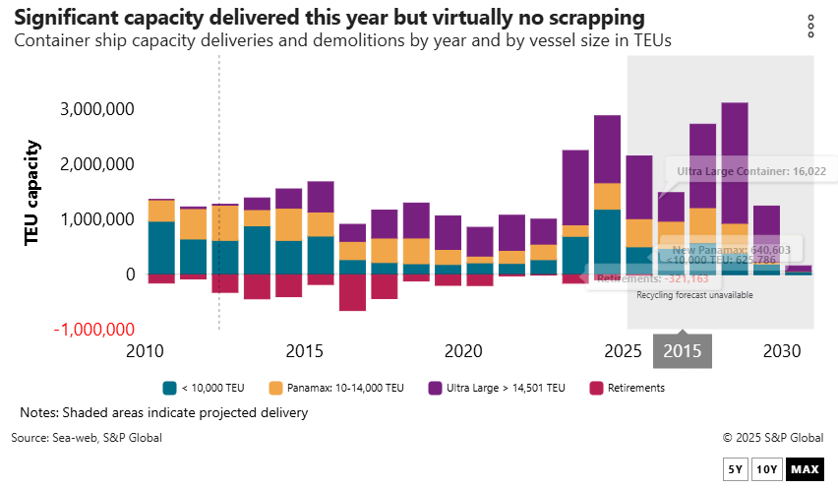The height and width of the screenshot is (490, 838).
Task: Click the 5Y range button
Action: pos(735,469)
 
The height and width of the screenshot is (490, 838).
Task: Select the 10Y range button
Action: pos(767,469)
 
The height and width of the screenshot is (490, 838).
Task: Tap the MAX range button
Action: pos(805,469)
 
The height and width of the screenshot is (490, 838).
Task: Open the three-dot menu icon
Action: pos(810,26)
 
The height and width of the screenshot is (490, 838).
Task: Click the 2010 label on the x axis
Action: pos(147,351)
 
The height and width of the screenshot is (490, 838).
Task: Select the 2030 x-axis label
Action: pos(781,351)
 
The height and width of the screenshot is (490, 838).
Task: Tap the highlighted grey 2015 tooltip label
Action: pos(683,351)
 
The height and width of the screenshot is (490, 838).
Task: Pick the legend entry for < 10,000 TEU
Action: pos(209,388)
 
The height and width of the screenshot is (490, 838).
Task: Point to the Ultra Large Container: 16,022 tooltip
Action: pos(750,171)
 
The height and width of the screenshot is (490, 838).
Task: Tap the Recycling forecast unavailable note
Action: pos(694,295)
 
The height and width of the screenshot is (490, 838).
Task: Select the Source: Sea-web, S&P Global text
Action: pos(87,437)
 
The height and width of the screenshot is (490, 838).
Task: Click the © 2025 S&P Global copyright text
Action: pos(772,437)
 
